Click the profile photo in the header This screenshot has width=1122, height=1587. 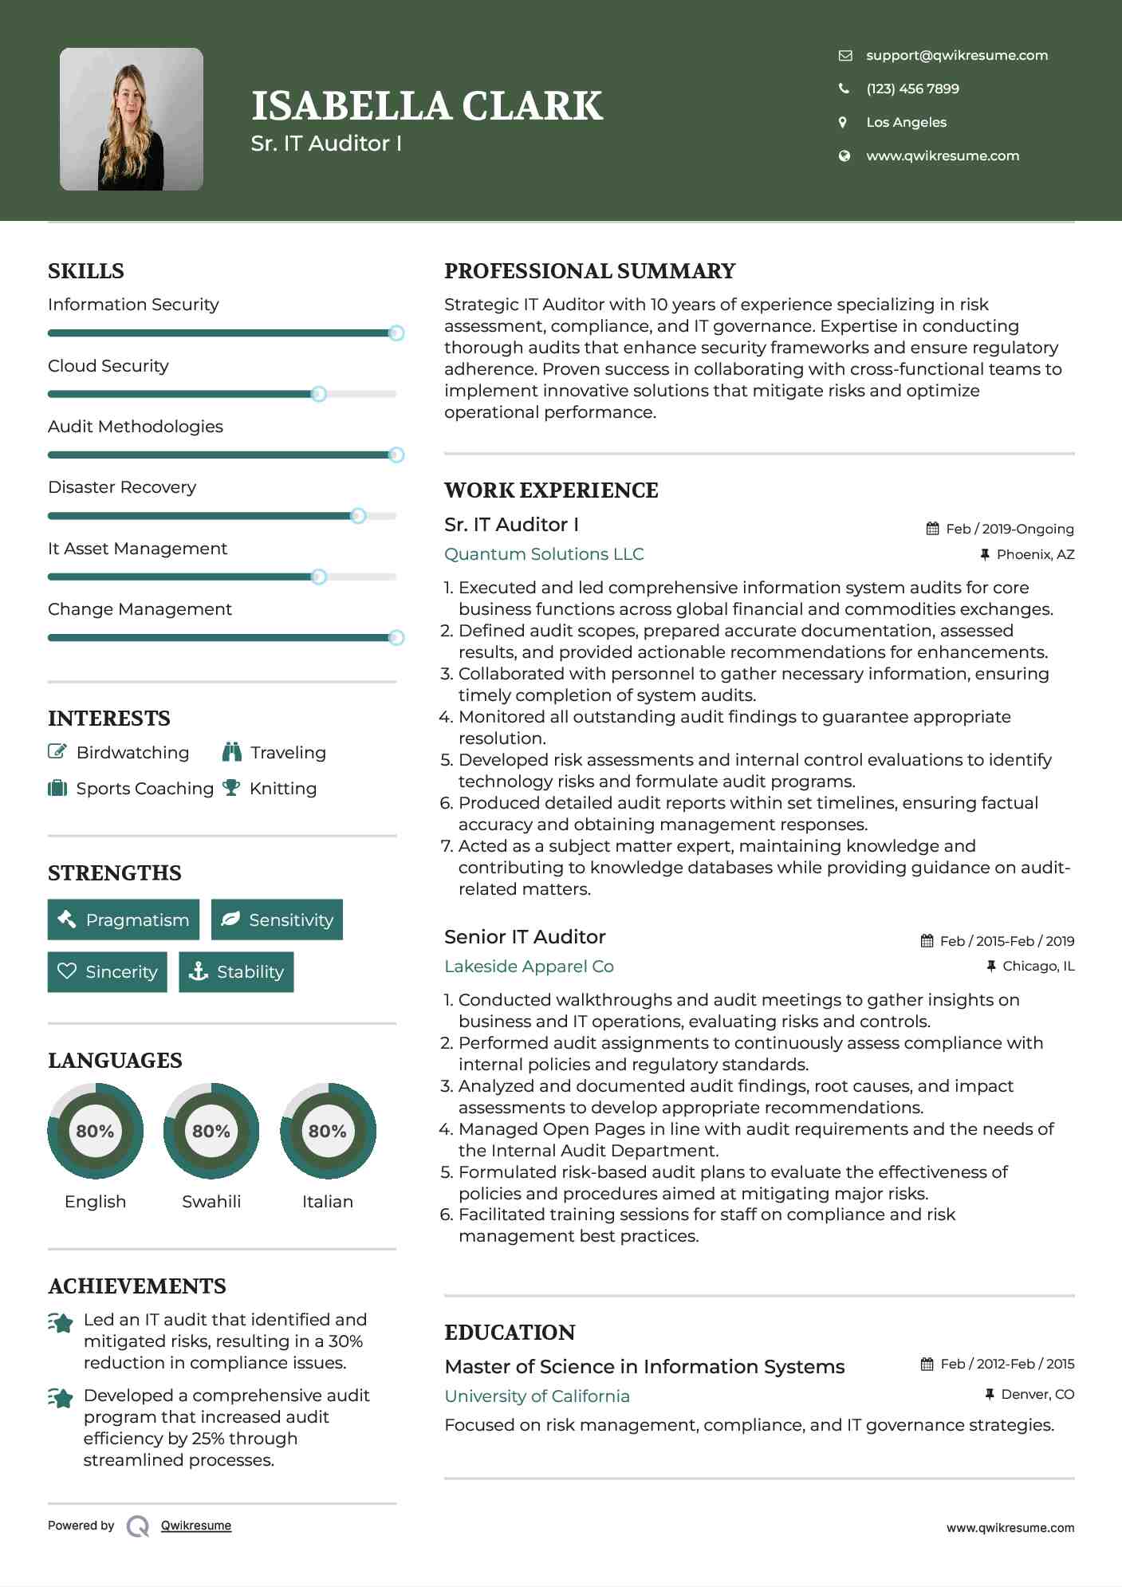132,120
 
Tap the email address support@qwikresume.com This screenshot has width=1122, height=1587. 956,55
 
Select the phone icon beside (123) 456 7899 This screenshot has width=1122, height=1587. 844,89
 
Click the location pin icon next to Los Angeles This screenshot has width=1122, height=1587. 843,122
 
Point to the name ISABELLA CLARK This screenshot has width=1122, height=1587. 427,106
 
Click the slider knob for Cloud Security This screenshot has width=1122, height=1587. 319,394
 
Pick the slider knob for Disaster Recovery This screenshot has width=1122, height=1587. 359,516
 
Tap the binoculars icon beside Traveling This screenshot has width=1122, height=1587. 232,752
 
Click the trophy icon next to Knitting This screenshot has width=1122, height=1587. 231,788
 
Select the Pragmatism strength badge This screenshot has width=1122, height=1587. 124,920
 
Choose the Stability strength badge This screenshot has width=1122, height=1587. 236,972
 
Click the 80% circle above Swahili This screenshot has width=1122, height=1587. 211,1131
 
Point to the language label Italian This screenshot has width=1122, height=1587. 327,1202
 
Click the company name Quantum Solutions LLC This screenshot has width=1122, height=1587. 544,554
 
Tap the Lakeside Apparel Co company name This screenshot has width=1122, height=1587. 529,967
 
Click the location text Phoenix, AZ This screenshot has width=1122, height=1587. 1035,554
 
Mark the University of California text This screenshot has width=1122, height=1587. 537,1396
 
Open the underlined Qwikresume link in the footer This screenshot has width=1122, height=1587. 196,1526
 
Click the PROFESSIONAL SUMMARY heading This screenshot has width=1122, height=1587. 589,271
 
